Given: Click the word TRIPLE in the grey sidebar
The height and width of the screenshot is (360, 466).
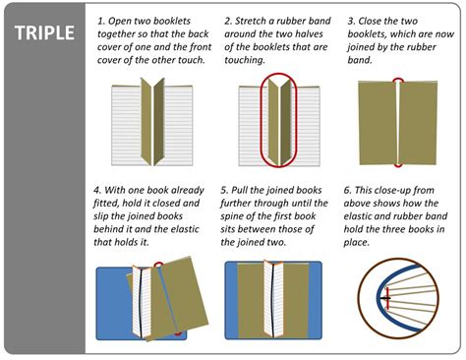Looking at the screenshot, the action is pos(44,32).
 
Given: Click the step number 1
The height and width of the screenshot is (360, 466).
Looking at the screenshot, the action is pos(100,21).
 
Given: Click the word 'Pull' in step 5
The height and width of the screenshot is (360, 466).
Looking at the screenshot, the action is pos(239,190).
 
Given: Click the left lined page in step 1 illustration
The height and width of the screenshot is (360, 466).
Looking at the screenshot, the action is pos(127,125).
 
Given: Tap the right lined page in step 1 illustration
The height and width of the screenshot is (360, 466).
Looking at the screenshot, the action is pos(178,125).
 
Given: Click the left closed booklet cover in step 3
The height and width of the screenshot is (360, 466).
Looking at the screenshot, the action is pos(378,123).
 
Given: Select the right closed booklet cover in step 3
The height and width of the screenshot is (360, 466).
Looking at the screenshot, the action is pos(419,123).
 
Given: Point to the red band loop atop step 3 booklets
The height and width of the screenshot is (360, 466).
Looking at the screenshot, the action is pos(398,79).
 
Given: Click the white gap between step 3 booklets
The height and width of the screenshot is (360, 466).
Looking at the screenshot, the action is pos(398,123).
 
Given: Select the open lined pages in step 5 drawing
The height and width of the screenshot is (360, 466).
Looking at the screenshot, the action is pos(273,298).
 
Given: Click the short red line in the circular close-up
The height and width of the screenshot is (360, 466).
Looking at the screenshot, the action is pos(387,298).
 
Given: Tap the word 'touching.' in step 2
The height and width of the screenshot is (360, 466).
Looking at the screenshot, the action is pos(245,60).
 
